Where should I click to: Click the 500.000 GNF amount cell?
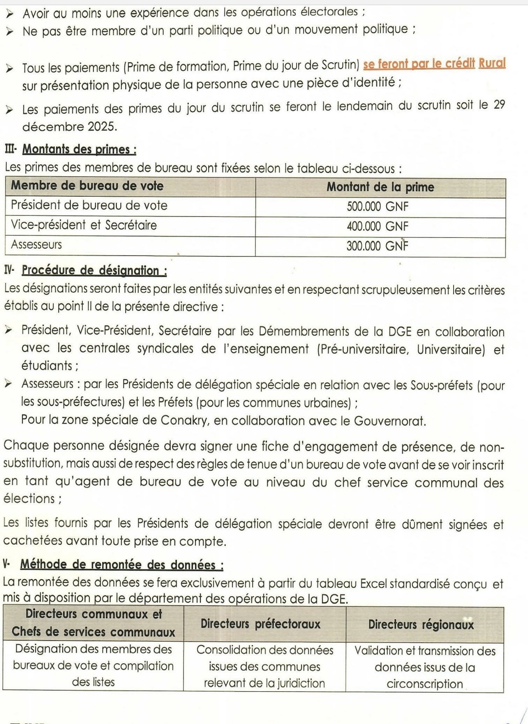[x=377, y=207]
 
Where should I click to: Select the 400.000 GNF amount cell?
[x=377, y=227]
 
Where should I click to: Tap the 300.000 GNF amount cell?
[x=377, y=246]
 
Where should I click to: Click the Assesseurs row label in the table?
[x=37, y=245]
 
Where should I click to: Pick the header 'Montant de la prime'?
[x=380, y=187]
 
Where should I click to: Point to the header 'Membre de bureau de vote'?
[x=87, y=186]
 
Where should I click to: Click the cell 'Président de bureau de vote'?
[x=89, y=206]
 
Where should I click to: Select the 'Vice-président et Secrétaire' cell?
[x=84, y=226]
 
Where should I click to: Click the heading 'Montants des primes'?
[x=79, y=149]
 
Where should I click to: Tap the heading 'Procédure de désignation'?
[x=94, y=271]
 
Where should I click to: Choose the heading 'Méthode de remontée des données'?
[x=122, y=565]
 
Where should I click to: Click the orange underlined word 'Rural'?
[x=492, y=64]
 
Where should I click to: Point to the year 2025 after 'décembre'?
[x=102, y=127]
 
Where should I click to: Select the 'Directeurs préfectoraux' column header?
[x=261, y=624]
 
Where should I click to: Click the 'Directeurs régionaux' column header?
[x=421, y=625]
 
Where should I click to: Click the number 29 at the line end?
[x=499, y=105]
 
